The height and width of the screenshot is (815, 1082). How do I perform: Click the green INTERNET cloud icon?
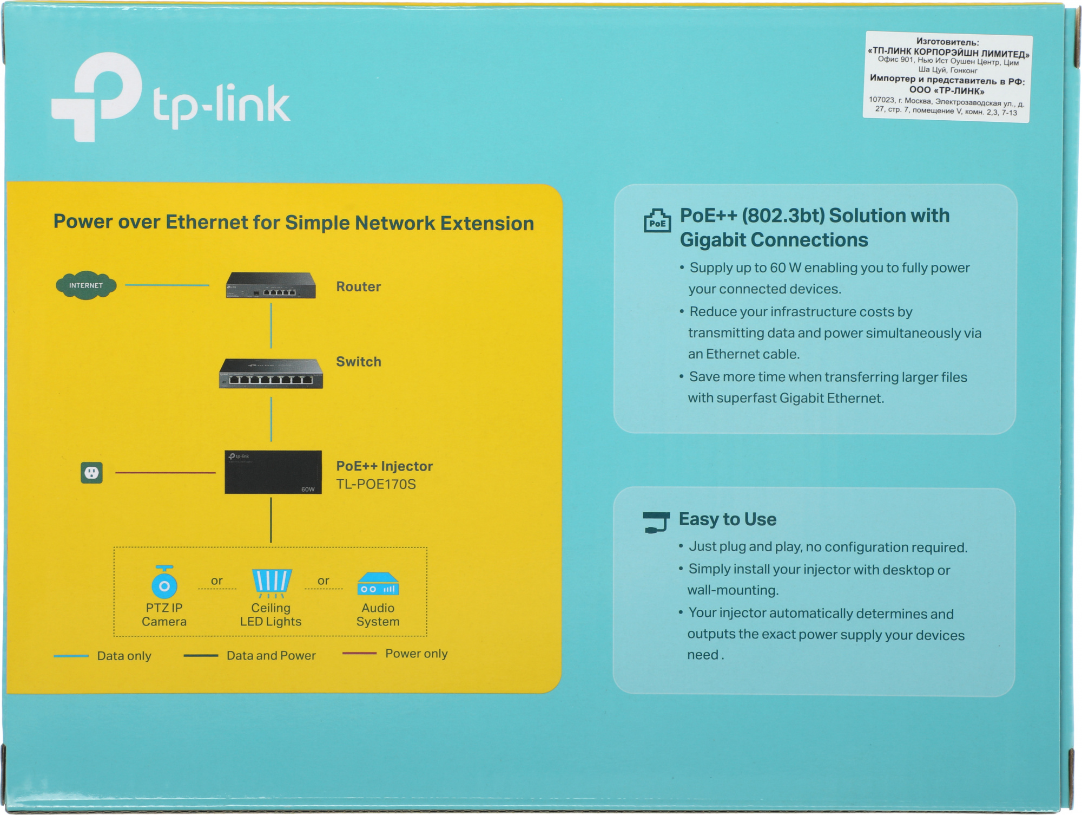[x=86, y=285]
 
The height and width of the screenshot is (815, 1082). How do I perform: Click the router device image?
[x=270, y=285]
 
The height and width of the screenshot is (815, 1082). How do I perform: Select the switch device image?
[x=270, y=374]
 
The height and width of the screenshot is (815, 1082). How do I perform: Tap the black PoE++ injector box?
[x=273, y=472]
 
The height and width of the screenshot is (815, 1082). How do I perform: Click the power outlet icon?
[x=91, y=473]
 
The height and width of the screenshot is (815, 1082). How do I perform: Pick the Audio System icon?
[x=378, y=584]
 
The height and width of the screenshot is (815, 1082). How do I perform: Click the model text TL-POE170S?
[x=376, y=484]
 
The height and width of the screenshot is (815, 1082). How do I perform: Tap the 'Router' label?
[x=358, y=286]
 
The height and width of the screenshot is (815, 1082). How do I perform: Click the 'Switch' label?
[x=358, y=362]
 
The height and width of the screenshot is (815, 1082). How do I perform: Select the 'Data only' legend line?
[x=71, y=656]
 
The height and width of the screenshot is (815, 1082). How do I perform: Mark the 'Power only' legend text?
[x=416, y=654]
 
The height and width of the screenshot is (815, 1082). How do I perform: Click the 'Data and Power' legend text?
[x=271, y=655]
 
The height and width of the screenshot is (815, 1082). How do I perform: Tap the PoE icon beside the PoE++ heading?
[x=657, y=221]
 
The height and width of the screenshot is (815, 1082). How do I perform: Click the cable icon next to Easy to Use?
[x=656, y=522]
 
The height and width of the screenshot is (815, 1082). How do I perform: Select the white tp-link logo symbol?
[x=97, y=96]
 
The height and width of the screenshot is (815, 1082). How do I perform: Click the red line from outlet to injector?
[x=165, y=473]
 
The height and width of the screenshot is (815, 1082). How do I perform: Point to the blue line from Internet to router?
[x=167, y=285]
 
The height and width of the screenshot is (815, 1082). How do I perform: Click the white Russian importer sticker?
[x=947, y=76]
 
